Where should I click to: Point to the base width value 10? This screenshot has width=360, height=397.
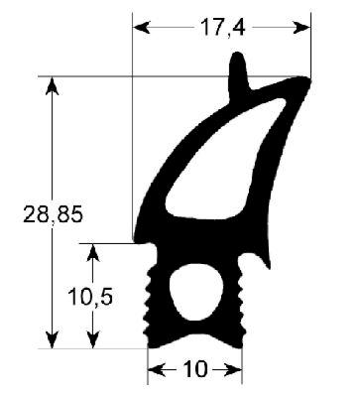click(195, 370)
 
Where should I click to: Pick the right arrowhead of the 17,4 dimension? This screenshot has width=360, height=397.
click(302, 29)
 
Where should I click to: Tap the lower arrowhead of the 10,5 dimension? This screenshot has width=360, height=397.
click(92, 339)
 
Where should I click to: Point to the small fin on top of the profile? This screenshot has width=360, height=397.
click(239, 71)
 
